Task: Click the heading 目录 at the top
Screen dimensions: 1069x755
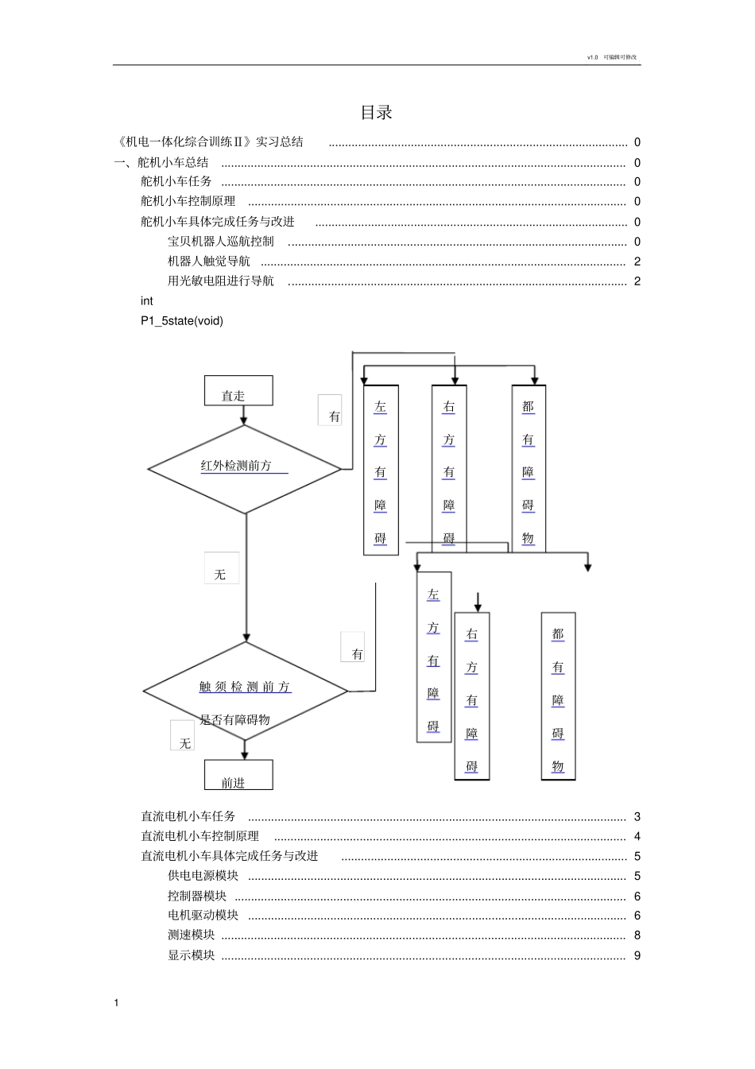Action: coord(376,113)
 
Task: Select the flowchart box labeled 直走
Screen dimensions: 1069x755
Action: coord(238,391)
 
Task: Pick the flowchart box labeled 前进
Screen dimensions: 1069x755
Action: coord(238,776)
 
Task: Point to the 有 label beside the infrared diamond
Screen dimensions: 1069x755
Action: coord(331,411)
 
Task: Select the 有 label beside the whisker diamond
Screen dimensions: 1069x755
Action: coord(354,649)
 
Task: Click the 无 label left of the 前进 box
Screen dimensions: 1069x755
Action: coord(183,737)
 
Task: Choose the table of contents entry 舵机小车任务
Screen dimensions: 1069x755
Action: coord(176,182)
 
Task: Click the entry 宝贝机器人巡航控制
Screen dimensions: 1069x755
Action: coord(221,242)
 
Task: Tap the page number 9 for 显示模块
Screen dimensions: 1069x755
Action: coord(637,955)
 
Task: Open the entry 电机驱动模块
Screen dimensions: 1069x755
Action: coord(203,916)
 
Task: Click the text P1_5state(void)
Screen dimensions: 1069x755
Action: coord(182,321)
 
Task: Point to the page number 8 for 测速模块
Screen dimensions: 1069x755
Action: coord(637,935)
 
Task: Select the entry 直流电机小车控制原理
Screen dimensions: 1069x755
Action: coord(199,836)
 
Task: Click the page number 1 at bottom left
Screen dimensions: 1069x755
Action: coord(116,1003)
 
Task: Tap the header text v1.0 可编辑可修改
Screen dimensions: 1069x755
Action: coord(612,57)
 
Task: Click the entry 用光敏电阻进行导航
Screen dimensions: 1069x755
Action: coord(221,281)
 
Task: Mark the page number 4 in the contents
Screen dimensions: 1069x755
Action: coord(637,836)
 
